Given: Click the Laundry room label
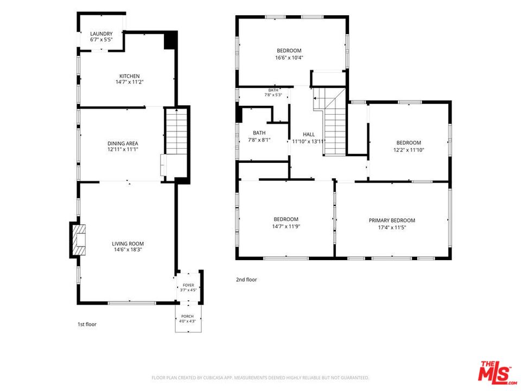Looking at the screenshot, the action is click(x=101, y=34).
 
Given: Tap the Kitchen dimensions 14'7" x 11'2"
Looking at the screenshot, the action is click(x=130, y=82).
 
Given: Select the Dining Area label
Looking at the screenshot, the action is click(x=123, y=143).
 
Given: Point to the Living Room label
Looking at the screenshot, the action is click(x=128, y=244).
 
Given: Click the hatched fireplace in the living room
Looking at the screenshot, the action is click(x=79, y=239).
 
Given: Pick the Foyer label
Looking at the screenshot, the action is click(x=188, y=285).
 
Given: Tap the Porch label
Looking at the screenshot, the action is click(x=187, y=316).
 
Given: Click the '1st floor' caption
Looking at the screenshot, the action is click(x=87, y=324).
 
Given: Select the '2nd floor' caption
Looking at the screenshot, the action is click(x=246, y=280).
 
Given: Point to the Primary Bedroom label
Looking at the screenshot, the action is click(x=392, y=220).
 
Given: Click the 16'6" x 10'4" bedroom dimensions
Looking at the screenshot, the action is click(x=289, y=58).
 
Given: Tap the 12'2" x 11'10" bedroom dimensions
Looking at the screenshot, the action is click(x=409, y=150).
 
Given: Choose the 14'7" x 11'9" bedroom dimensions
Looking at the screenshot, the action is click(x=286, y=226).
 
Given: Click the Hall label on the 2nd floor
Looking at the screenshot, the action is click(x=309, y=134).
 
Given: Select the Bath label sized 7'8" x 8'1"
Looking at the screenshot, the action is click(x=259, y=133).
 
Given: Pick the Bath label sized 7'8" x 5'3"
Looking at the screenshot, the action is click(x=273, y=90).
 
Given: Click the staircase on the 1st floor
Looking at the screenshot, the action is click(x=176, y=131).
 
